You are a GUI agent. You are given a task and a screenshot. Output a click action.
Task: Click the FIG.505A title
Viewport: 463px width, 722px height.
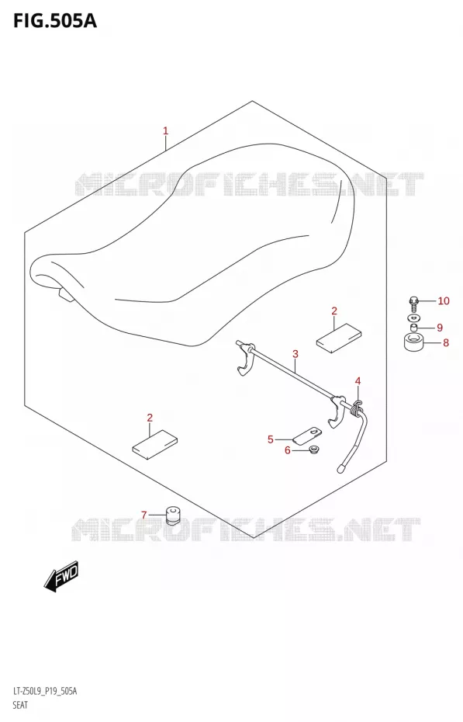(x=55, y=21)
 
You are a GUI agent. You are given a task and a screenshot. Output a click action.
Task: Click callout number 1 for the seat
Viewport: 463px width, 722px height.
(x=165, y=130)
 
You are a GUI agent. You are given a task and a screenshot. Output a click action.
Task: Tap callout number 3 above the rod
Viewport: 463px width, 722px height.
(x=295, y=354)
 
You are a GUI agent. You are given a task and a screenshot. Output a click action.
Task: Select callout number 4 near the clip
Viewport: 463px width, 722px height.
(x=358, y=381)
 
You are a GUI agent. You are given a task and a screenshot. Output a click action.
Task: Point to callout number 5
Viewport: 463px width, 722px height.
(x=271, y=439)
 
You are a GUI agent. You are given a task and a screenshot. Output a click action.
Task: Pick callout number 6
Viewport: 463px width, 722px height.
(x=288, y=450)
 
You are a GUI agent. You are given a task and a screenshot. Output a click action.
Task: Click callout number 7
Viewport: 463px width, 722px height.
(x=144, y=515)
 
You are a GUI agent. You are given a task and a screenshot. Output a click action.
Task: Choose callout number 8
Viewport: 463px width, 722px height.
(x=445, y=342)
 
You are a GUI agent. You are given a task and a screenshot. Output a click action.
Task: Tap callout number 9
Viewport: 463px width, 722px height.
(x=440, y=328)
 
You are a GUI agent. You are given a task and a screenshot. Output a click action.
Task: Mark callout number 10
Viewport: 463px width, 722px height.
(x=444, y=301)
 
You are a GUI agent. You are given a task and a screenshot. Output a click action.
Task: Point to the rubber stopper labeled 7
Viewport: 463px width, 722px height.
(x=172, y=515)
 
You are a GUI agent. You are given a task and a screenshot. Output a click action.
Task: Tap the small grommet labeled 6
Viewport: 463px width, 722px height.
(x=314, y=449)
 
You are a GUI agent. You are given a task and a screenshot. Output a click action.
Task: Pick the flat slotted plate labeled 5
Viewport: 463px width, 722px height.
(x=307, y=436)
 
